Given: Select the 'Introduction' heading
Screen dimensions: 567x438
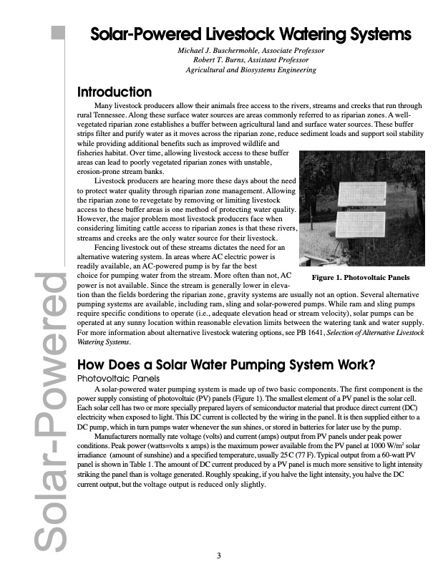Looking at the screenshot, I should (114, 92).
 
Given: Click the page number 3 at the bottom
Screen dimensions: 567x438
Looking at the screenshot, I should (220, 554).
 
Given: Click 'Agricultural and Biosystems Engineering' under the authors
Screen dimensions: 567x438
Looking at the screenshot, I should (250, 70).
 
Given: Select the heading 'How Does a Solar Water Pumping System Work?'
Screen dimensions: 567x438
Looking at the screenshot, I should (225, 364).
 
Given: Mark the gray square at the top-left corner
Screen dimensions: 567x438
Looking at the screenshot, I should (57, 33).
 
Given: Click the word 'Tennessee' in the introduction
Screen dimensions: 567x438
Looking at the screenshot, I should (110, 115).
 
